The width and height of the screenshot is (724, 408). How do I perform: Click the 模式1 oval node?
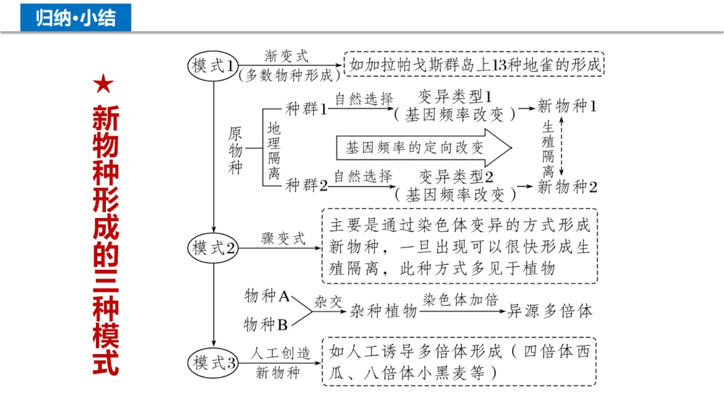(x=213, y=66)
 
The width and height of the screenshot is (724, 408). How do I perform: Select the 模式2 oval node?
(x=213, y=248)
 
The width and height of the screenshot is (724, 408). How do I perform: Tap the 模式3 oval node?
(x=213, y=363)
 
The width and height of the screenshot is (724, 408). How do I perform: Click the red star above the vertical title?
(x=105, y=85)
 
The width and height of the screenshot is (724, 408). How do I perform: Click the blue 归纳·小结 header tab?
(x=76, y=17)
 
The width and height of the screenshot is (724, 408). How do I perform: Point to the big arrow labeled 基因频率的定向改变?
(x=422, y=148)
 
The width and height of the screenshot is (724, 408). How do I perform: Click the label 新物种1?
(x=567, y=106)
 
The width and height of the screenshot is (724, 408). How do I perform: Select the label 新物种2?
(x=567, y=187)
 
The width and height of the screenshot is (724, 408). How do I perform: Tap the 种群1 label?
(x=306, y=109)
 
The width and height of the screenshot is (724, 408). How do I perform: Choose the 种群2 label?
(x=306, y=185)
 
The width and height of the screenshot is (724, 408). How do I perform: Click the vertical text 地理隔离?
(x=274, y=149)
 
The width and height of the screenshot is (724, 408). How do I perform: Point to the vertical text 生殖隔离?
(x=548, y=148)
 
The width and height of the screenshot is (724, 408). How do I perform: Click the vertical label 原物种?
(x=235, y=149)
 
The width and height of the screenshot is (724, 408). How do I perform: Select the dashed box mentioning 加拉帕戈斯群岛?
(x=474, y=66)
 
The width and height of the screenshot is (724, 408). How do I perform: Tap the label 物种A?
(x=267, y=296)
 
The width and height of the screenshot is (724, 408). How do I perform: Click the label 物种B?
(x=265, y=325)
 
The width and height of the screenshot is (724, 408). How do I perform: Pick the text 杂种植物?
(x=383, y=311)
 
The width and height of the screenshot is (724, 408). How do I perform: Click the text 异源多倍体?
(x=550, y=311)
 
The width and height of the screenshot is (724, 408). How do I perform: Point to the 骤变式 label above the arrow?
(x=283, y=239)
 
